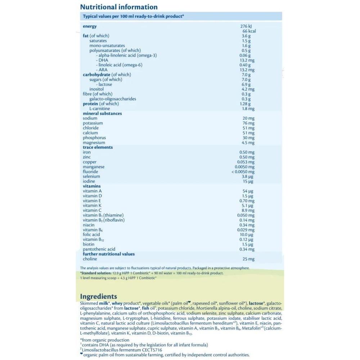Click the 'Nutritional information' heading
click(x=118, y=7)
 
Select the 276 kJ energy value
click(x=247, y=26)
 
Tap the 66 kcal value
click(x=249, y=31)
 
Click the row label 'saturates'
click(x=98, y=41)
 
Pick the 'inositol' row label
click(x=96, y=89)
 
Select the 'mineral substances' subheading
click(x=102, y=114)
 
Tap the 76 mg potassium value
click(x=248, y=123)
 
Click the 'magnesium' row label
click(x=94, y=143)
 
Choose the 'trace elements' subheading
click(x=98, y=148)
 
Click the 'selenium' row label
click(x=91, y=177)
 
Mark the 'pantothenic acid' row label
click(x=99, y=249)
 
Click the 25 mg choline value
click(x=248, y=259)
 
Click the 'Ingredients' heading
click(x=98, y=297)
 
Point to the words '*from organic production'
click(x=104, y=340)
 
